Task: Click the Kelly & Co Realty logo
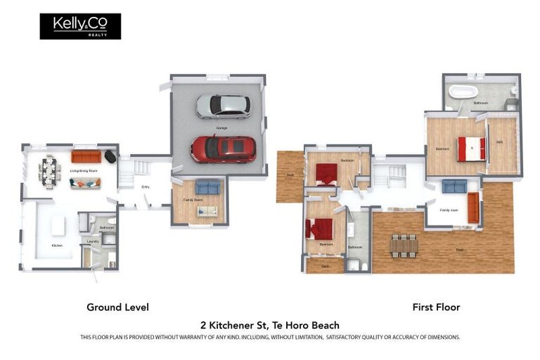pyautogui.click(x=80, y=26)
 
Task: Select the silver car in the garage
pyautogui.click(x=222, y=106)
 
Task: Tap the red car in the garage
pyautogui.click(x=223, y=149)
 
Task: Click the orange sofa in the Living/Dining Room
pyautogui.click(x=86, y=156)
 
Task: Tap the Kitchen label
pyautogui.click(x=57, y=245)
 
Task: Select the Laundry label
pyautogui.click(x=92, y=241)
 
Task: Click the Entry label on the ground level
pyautogui.click(x=146, y=187)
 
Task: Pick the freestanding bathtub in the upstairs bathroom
pyautogui.click(x=463, y=91)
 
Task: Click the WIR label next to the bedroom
pyautogui.click(x=499, y=143)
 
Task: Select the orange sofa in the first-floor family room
pyautogui.click(x=473, y=205)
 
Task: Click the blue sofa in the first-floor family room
pyautogui.click(x=454, y=186)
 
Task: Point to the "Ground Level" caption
pyautogui.click(x=117, y=307)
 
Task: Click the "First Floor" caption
pyautogui.click(x=436, y=307)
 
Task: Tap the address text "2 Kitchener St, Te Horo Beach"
pyautogui.click(x=270, y=325)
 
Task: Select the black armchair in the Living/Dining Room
pyautogui.click(x=110, y=157)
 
